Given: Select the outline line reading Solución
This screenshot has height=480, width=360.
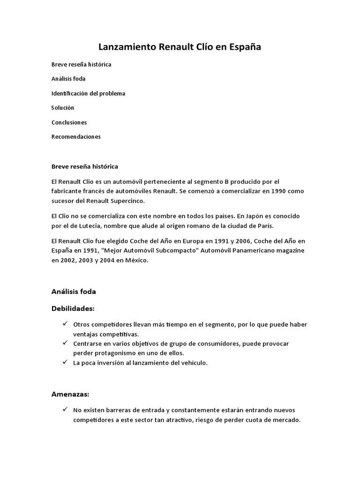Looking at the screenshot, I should [63, 108].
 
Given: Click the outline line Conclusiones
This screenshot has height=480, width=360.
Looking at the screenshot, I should [69, 122].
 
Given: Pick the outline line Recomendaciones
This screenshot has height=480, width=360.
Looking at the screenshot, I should [76, 137].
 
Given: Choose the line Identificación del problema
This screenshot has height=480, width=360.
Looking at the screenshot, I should [88, 93].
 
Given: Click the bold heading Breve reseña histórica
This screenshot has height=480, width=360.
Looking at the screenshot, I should [84, 166].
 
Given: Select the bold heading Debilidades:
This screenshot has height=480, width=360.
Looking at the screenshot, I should [73, 308].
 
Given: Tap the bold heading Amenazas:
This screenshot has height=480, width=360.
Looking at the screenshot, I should [70, 381].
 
